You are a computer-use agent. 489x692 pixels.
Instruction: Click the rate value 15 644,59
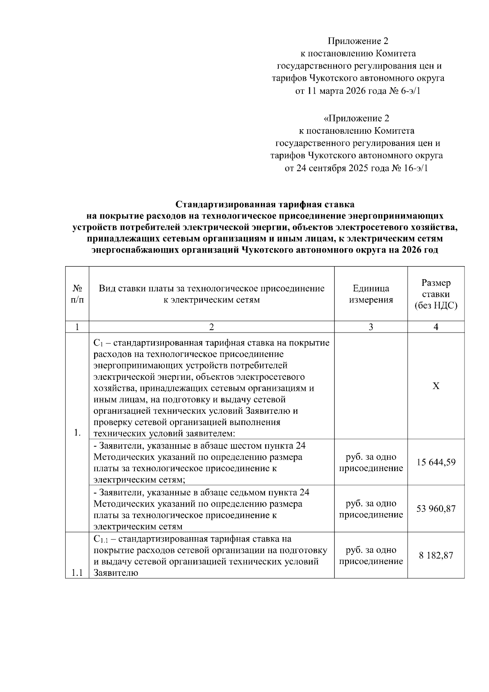pos(436,463)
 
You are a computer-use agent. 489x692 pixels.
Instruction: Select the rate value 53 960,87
pos(436,509)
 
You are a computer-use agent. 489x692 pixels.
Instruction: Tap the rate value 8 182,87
pos(436,555)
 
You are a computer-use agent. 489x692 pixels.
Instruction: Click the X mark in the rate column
pos(436,386)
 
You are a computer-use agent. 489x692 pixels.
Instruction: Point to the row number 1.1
pos(77,573)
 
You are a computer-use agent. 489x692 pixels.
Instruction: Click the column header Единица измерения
pos(370,294)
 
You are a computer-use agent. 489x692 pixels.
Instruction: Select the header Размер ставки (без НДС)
pos(436,294)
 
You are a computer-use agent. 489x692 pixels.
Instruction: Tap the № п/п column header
pos(77,294)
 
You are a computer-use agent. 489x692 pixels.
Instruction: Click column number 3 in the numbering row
pos(370,327)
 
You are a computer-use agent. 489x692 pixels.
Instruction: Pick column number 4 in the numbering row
pos(436,327)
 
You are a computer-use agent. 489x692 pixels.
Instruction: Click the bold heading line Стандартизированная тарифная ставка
pos(265,204)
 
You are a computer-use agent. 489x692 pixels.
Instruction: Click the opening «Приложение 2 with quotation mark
pos(356,119)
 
